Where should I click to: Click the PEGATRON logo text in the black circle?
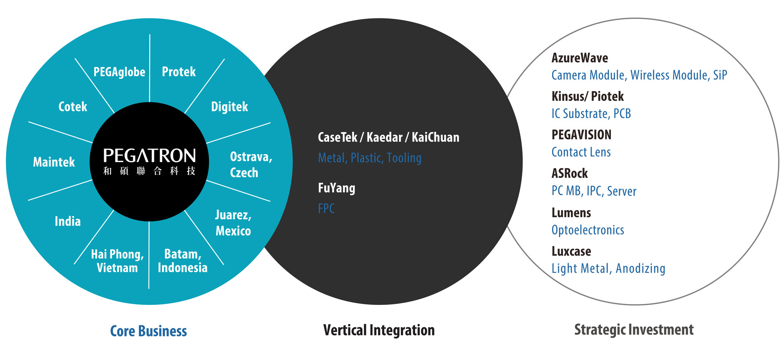coord(149,156)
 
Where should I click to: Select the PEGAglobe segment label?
coord(119,72)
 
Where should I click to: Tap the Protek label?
coord(179,72)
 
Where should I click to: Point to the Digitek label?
coord(229,107)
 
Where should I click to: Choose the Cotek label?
coord(73,107)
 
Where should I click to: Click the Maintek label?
coord(54,162)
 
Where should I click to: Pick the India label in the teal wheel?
coord(68,221)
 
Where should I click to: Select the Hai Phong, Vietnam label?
coord(117,261)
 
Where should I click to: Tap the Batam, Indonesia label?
coord(183,261)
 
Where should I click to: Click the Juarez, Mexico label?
coord(233,223)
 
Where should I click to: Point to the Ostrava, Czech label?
coord(251,164)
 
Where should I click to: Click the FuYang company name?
coord(336,188)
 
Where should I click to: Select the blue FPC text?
coord(326,209)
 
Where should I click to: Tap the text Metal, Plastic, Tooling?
coord(370,158)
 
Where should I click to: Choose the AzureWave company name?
coord(580,58)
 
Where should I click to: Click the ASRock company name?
coord(570,173)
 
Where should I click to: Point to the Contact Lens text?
coord(581,152)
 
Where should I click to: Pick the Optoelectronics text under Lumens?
coord(588,230)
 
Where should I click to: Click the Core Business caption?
coord(149,331)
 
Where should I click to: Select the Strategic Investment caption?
coord(634,330)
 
